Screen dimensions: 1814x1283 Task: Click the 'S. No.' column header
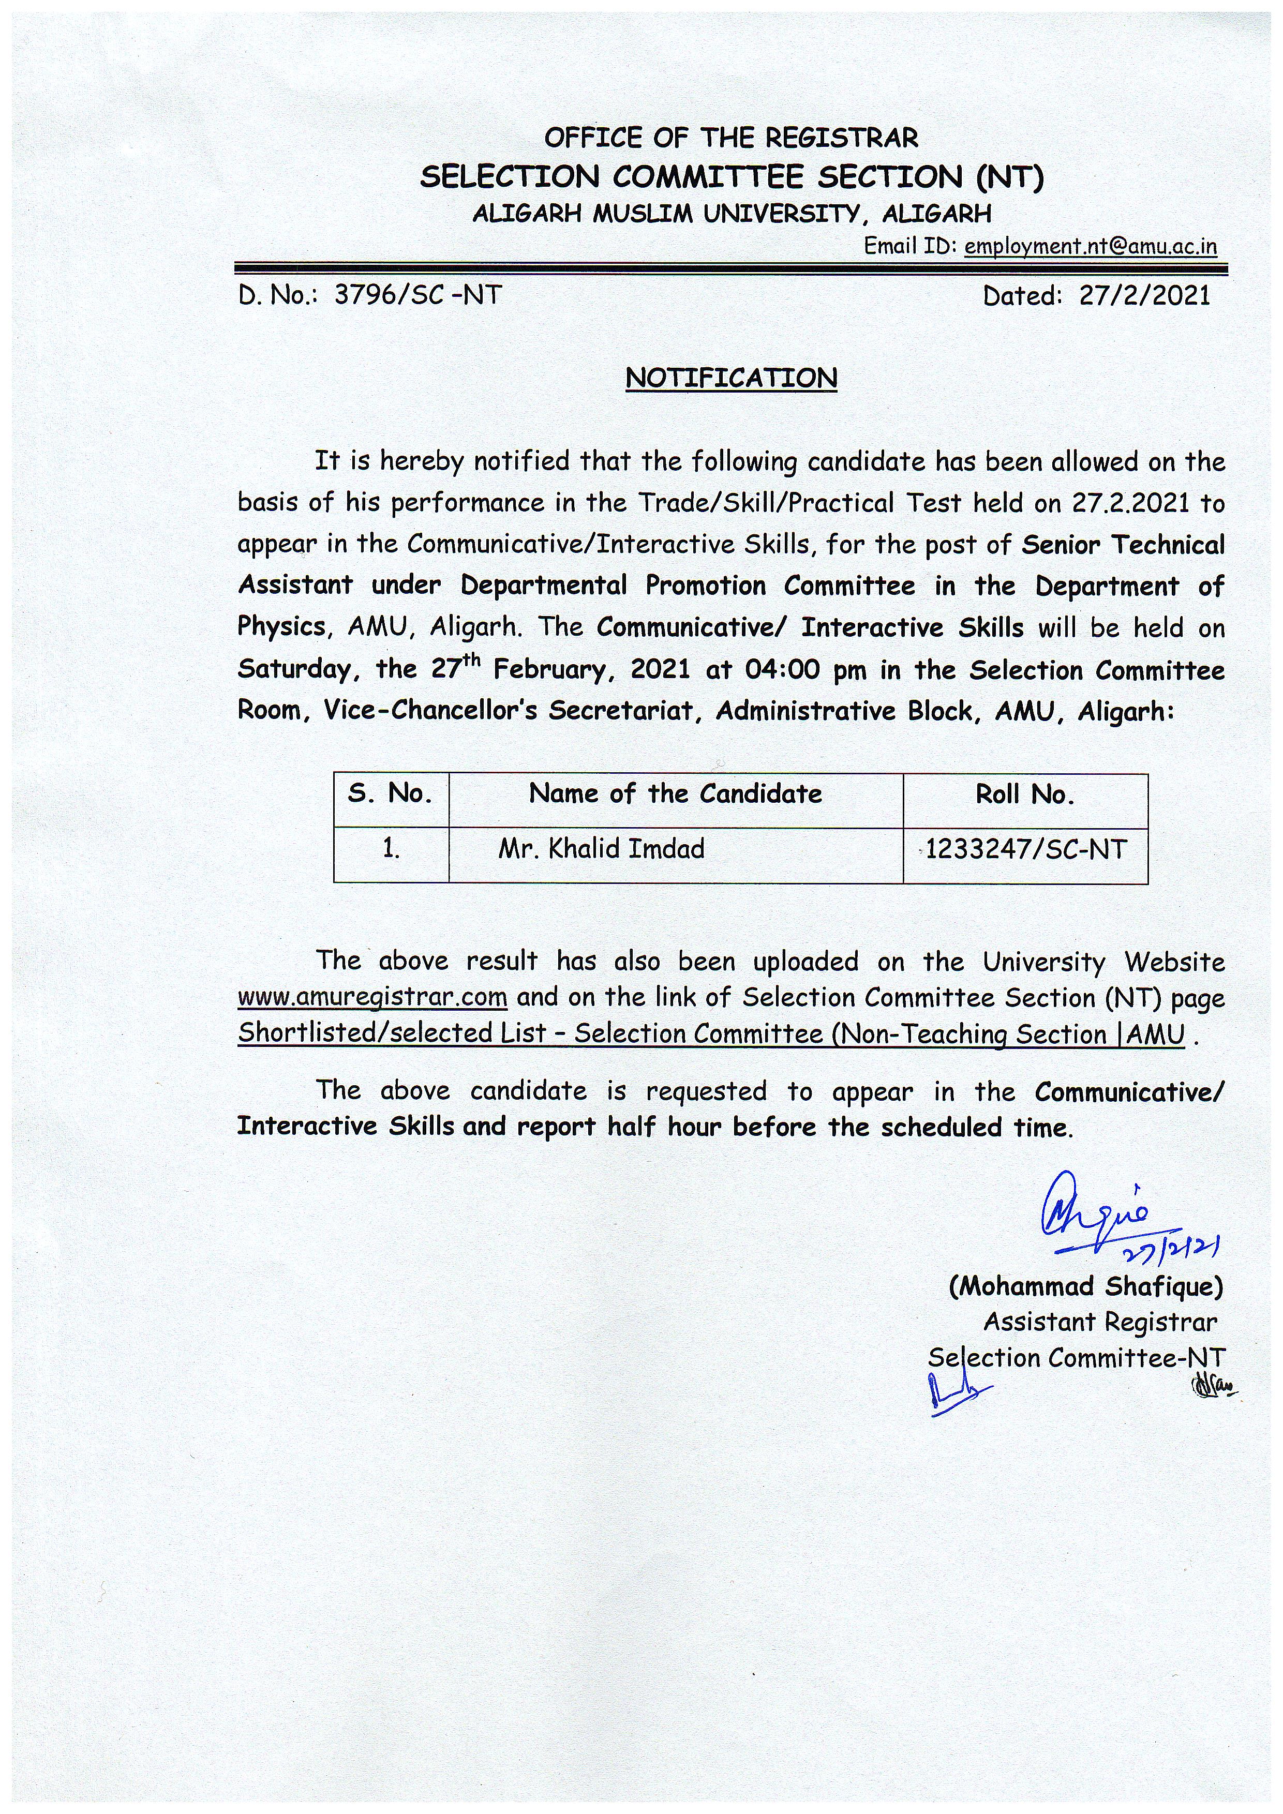(x=390, y=793)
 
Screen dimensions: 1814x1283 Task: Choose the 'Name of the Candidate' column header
(x=676, y=793)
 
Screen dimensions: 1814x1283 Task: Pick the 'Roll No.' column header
(x=1025, y=794)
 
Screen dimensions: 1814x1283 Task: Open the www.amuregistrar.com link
(x=372, y=997)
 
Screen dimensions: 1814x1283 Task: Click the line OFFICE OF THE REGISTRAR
(x=731, y=138)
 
